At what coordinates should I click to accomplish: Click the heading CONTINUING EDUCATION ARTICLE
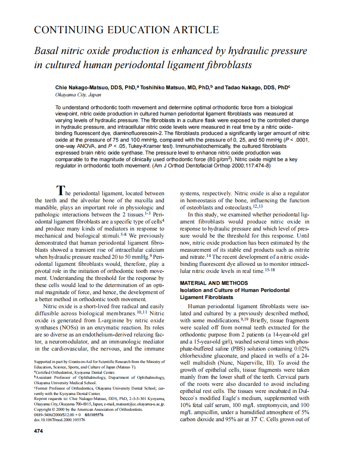[x=126, y=30]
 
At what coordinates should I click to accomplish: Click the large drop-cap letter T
[x=60, y=191]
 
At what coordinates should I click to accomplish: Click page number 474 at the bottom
[x=38, y=431]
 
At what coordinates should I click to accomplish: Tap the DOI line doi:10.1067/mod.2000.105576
[x=59, y=420]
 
